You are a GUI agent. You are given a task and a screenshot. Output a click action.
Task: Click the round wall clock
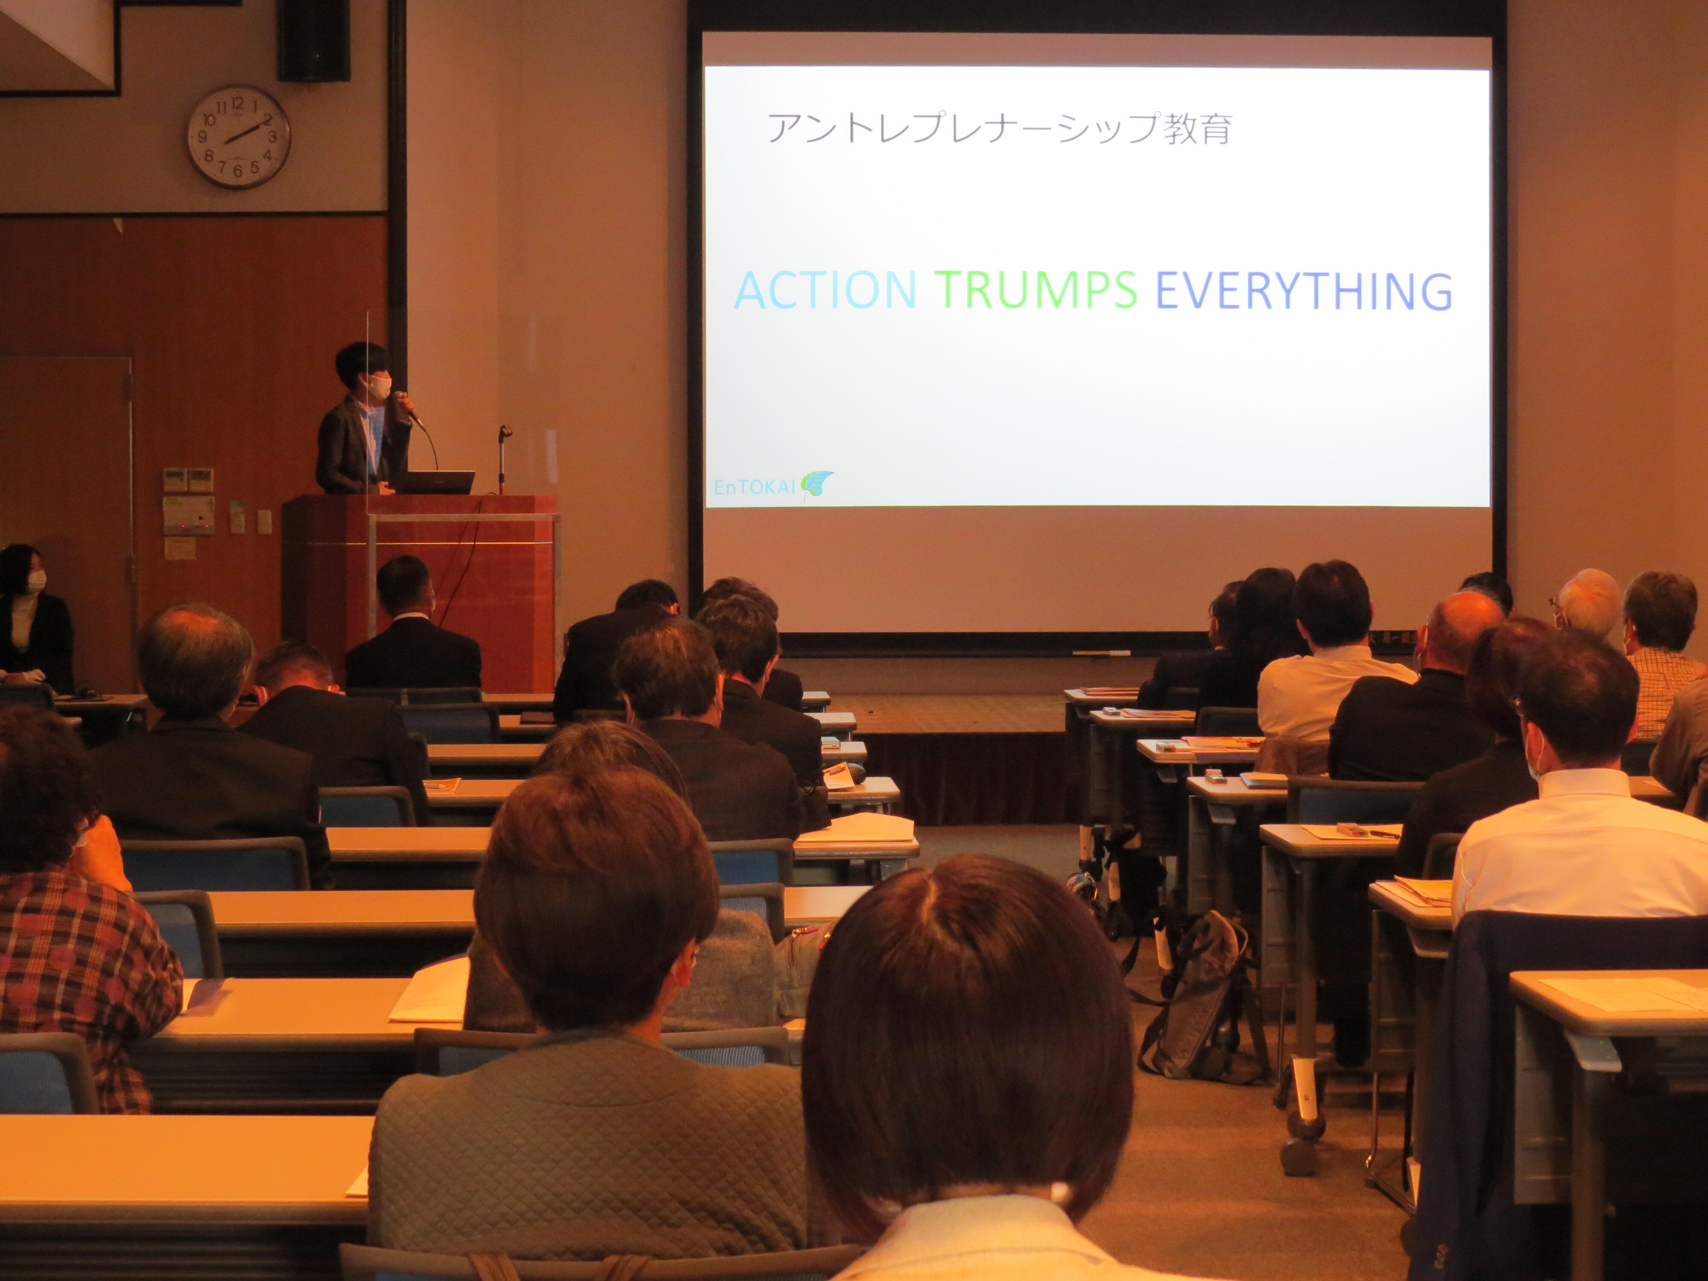point(239,137)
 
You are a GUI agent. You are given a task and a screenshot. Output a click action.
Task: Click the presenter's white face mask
point(379,386)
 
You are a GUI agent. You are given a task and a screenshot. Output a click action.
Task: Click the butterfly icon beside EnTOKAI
point(817,484)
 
